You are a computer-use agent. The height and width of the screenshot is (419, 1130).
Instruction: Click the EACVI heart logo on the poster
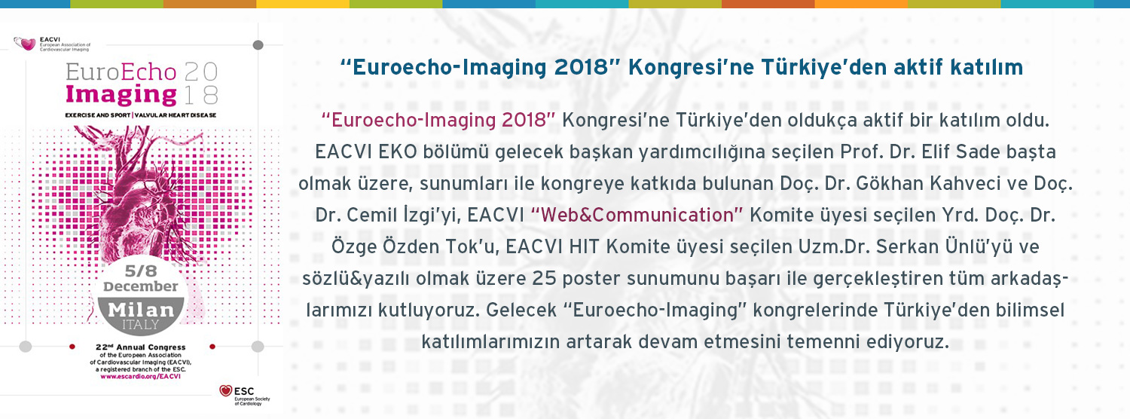(x=25, y=44)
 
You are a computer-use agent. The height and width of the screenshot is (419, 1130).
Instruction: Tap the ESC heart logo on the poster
(x=225, y=390)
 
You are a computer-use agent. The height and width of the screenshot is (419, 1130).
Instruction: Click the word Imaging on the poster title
(x=121, y=95)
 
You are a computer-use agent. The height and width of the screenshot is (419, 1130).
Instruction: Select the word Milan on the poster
(x=141, y=309)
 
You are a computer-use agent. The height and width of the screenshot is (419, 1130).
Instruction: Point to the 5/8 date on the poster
(x=141, y=271)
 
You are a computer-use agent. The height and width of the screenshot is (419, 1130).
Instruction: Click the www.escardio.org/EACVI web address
(x=141, y=376)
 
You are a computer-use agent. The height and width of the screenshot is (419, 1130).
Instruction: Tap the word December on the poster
(x=141, y=286)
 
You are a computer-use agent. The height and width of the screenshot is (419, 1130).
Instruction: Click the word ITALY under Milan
(x=141, y=325)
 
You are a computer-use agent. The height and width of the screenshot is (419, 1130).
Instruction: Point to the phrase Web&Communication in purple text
(x=637, y=215)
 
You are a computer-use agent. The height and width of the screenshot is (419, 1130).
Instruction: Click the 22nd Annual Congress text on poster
(x=141, y=347)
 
